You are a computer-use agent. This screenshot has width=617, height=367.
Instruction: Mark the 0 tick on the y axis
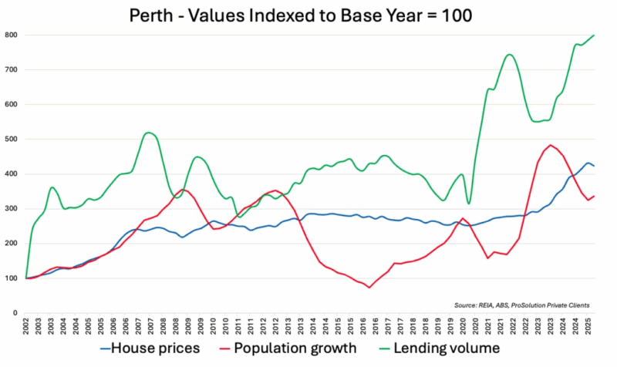click(x=15, y=312)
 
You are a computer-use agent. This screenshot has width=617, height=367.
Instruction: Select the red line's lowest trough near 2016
click(x=369, y=288)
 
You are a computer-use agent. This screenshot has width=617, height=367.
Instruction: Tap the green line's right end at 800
click(x=594, y=35)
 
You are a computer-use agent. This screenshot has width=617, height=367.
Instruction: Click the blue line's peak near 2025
click(x=588, y=163)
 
